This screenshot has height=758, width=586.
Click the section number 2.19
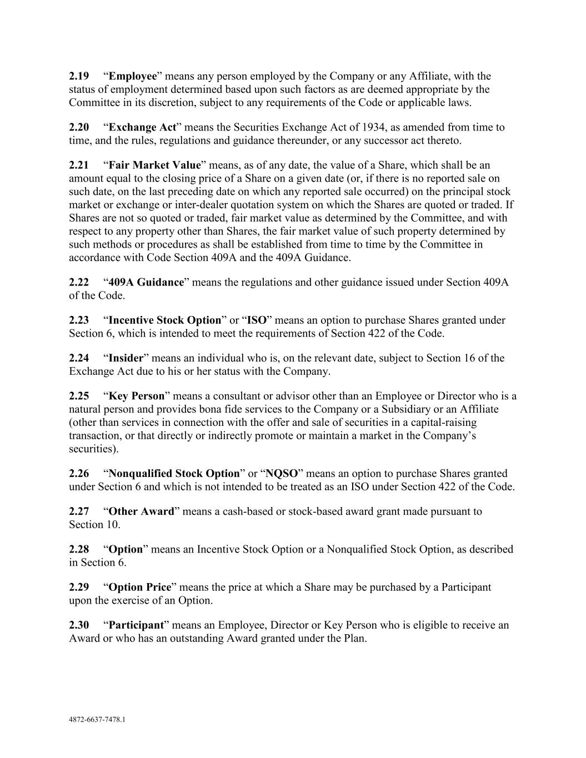tap(79, 76)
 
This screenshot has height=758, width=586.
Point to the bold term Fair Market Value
tap(154, 165)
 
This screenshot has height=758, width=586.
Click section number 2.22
tap(79, 282)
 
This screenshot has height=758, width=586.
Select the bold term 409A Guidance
tap(146, 282)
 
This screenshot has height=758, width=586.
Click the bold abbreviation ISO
tap(257, 320)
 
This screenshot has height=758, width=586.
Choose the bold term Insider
tap(126, 358)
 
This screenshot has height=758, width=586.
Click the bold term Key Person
tap(137, 396)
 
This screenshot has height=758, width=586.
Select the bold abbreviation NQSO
tap(282, 474)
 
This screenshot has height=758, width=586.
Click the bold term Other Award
tap(141, 511)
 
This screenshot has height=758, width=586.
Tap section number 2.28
tap(79, 549)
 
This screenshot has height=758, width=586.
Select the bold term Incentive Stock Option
tap(165, 320)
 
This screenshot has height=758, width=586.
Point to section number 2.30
tap(79, 625)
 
